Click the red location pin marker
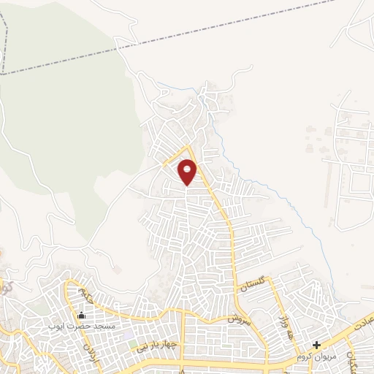(188, 172)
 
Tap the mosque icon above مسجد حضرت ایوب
(80, 315)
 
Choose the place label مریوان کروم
(316, 357)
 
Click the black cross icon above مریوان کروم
(316, 346)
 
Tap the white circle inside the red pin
(188, 167)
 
